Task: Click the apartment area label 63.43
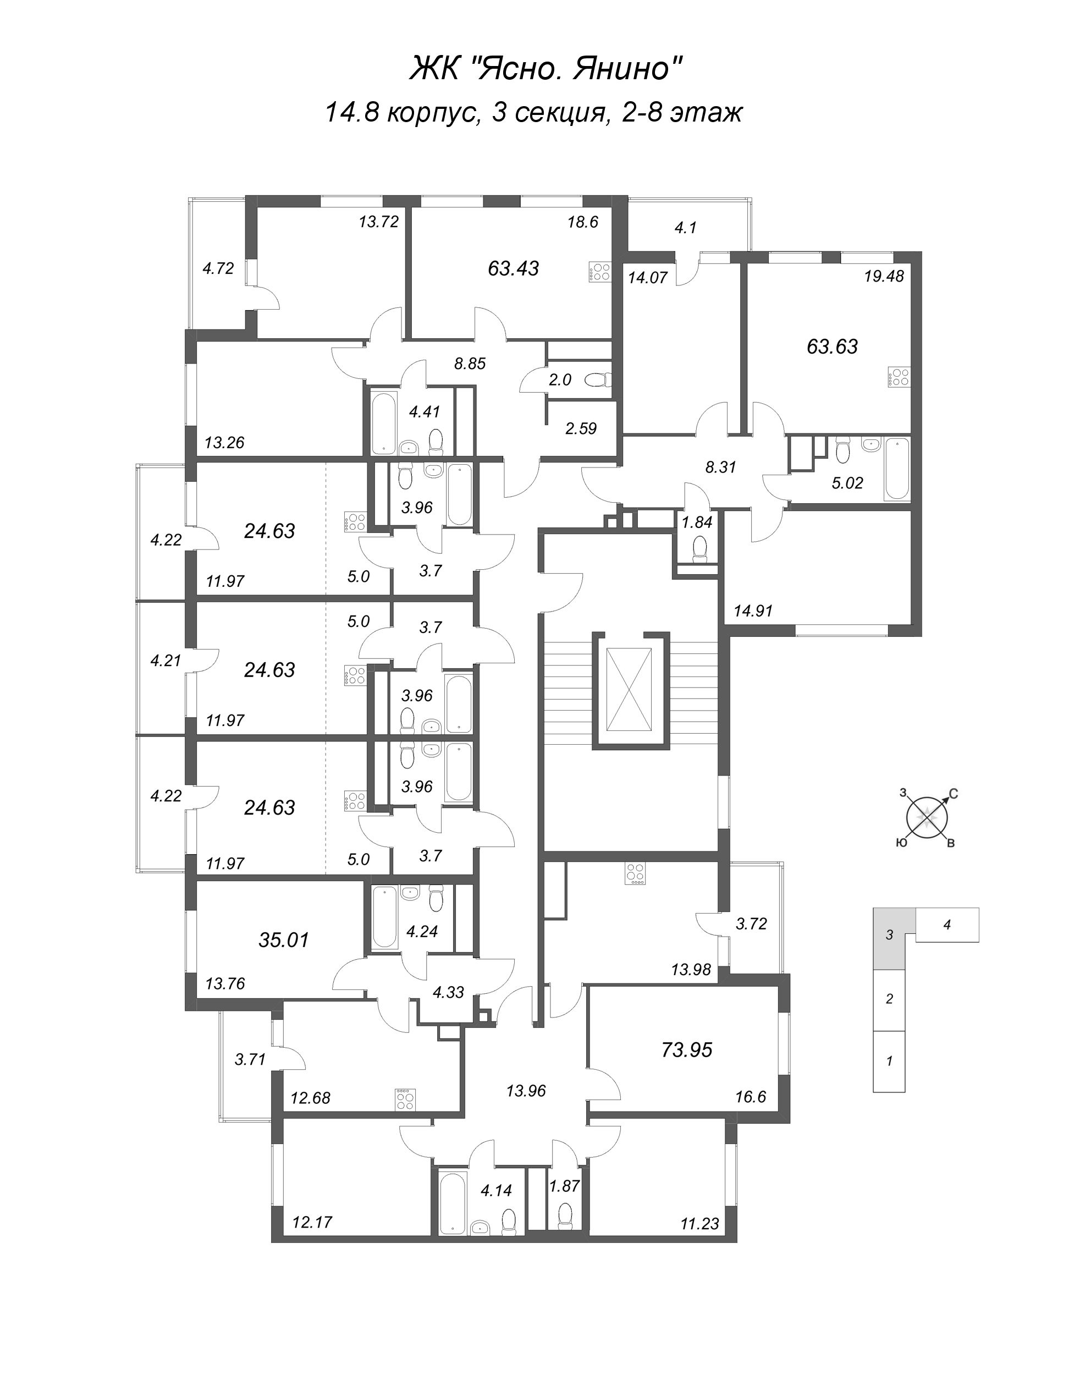point(514,268)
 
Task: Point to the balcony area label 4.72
point(218,268)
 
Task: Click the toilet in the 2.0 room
point(598,380)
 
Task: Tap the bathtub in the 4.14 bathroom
point(451,1192)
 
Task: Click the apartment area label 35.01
point(284,940)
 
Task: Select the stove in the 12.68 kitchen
point(405,1099)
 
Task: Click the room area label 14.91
point(753,611)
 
